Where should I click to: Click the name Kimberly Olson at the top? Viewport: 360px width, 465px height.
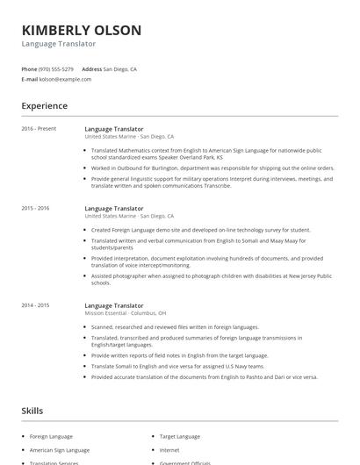pyautogui.click(x=82, y=30)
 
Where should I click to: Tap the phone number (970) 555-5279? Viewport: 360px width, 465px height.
pyautogui.click(x=57, y=68)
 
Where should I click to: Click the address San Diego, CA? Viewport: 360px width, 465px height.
pyautogui.click(x=119, y=68)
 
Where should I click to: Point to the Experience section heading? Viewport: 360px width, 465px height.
pyautogui.click(x=44, y=106)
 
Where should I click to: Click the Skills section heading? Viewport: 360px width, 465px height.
pyautogui.click(x=33, y=411)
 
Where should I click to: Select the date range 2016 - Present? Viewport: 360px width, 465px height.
pyautogui.click(x=39, y=129)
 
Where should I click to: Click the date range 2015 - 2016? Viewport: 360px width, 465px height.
pyautogui.click(x=36, y=208)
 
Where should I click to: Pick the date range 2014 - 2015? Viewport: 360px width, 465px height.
pyautogui.click(x=36, y=304)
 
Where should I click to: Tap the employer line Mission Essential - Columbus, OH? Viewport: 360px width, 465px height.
pyautogui.click(x=126, y=312)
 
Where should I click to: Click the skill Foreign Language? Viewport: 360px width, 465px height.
pyautogui.click(x=51, y=436)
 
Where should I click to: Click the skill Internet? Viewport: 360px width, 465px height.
pyautogui.click(x=169, y=449)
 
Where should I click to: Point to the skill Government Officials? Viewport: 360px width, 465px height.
pyautogui.click(x=187, y=462)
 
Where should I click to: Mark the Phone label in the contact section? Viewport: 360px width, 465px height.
pyautogui.click(x=29, y=68)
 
